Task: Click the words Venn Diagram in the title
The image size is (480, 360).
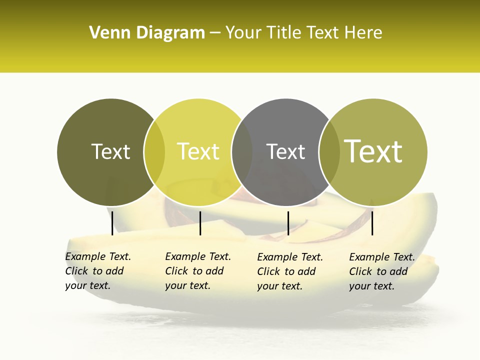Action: coord(147,32)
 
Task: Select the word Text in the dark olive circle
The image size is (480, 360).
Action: coord(110,151)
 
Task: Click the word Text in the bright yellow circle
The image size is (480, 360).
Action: coord(198,151)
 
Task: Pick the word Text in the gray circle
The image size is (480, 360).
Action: coord(285,151)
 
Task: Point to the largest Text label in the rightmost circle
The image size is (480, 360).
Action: coord(373,151)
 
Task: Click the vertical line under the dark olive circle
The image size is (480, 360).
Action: coord(112,223)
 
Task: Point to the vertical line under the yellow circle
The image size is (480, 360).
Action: coord(200,223)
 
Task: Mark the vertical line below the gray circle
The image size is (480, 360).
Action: coord(288,223)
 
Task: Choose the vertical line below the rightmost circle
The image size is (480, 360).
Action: coord(372,223)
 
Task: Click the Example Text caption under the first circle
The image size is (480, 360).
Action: coord(97,271)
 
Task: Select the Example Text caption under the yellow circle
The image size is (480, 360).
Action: coord(197,271)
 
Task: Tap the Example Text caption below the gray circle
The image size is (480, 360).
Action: coord(289,271)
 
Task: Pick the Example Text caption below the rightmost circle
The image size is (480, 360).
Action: coord(381,271)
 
